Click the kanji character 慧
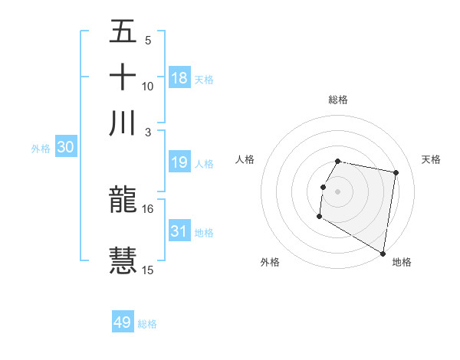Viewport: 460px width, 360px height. tap(123, 260)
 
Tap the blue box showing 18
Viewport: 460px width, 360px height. tap(179, 78)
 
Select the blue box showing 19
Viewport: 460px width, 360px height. tap(179, 162)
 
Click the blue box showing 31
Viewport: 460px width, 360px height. tap(179, 231)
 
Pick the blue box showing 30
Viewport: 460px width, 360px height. tap(65, 148)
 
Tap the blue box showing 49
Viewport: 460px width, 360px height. tap(123, 322)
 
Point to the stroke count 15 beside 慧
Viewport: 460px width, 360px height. tap(147, 269)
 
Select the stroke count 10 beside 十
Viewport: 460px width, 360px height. tap(147, 86)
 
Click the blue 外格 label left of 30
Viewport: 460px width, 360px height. tap(41, 149)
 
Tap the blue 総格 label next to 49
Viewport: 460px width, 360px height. tap(147, 324)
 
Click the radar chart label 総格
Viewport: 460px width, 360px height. tap(338, 100)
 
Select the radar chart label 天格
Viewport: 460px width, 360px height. tap(431, 159)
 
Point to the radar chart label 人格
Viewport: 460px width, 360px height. tap(245, 159)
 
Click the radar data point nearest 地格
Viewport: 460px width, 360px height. tap(383, 254)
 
